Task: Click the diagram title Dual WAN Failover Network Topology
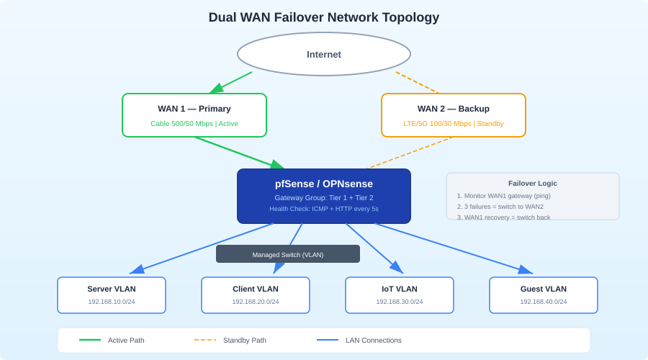point(324,17)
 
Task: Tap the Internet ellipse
point(324,54)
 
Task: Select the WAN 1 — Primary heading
point(194,109)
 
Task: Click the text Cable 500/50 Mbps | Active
point(194,124)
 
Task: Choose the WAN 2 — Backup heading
point(454,109)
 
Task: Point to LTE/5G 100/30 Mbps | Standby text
point(454,124)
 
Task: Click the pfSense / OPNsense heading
point(324,184)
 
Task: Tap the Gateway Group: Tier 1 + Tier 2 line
point(324,198)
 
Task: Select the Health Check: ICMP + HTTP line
point(324,209)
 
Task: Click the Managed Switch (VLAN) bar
point(288,254)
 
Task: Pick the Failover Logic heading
point(533,184)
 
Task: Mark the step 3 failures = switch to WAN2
point(504,207)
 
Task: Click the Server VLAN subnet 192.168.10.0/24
point(112,302)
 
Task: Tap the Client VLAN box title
point(256,289)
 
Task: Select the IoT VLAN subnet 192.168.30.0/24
point(400,302)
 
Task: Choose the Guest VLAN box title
point(544,289)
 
